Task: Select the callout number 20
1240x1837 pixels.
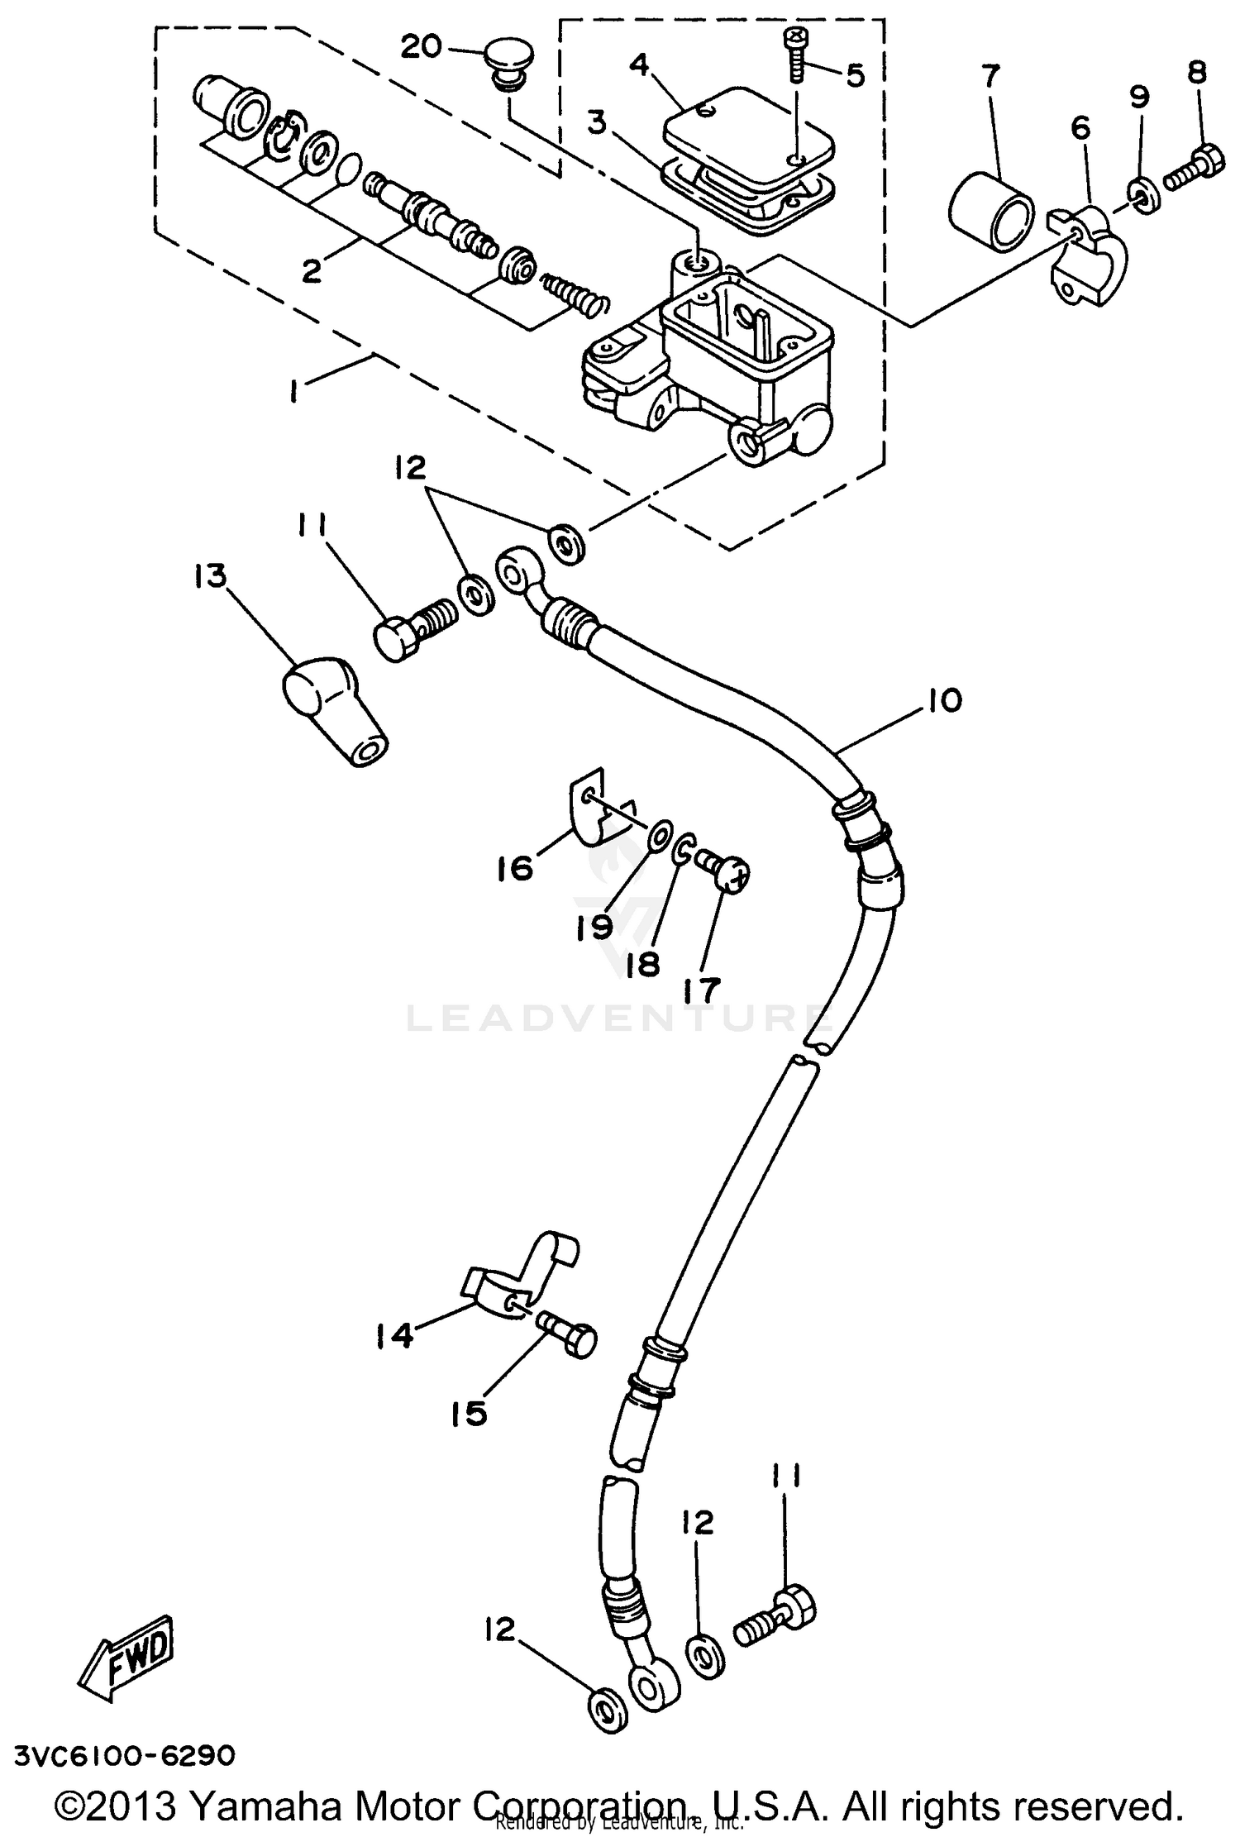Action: [422, 47]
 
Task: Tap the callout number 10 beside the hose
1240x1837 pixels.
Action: [944, 700]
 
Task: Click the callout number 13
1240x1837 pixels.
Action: [210, 576]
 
